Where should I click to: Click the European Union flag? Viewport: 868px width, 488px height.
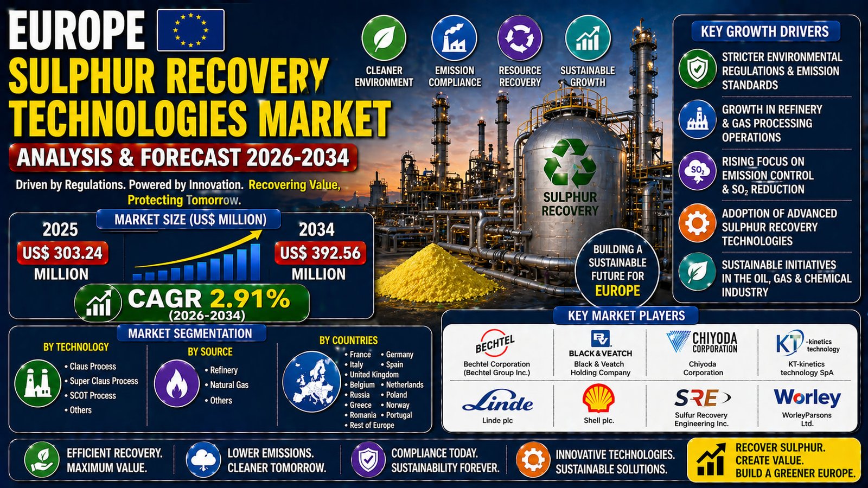pos(190,30)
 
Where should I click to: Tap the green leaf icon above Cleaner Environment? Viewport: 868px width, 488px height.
pos(384,38)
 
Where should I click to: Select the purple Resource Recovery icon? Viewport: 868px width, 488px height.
pos(520,38)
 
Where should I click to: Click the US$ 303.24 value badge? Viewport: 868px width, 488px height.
pos(62,253)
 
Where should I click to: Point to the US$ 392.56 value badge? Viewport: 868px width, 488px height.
pos(321,253)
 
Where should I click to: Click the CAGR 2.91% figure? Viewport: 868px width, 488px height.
pos(208,299)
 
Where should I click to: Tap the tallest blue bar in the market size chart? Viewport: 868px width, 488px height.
pos(256,262)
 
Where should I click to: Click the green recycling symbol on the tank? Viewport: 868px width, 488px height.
pos(570,163)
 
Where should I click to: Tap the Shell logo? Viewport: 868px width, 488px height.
pos(598,398)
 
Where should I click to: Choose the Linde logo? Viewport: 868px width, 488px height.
pos(497,401)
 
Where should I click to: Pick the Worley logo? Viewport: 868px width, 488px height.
pos(807,398)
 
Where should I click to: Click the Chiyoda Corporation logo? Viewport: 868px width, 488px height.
pos(702,342)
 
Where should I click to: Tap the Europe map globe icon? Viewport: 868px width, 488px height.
pos(311,382)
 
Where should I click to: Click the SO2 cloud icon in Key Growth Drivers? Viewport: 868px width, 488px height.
pos(697,170)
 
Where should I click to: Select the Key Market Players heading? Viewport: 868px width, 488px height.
pos(626,316)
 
